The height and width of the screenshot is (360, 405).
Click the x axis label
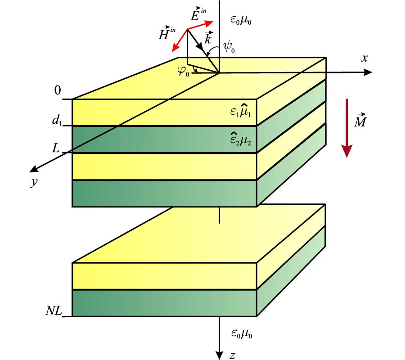(x=364, y=58)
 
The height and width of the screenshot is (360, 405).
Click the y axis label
(x=33, y=183)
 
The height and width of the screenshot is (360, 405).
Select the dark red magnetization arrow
(x=346, y=128)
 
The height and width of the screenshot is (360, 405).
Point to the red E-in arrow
(x=200, y=25)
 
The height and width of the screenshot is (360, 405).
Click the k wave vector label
(x=208, y=39)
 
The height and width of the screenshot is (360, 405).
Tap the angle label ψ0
(x=229, y=47)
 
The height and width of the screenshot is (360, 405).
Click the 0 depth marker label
(x=57, y=91)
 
